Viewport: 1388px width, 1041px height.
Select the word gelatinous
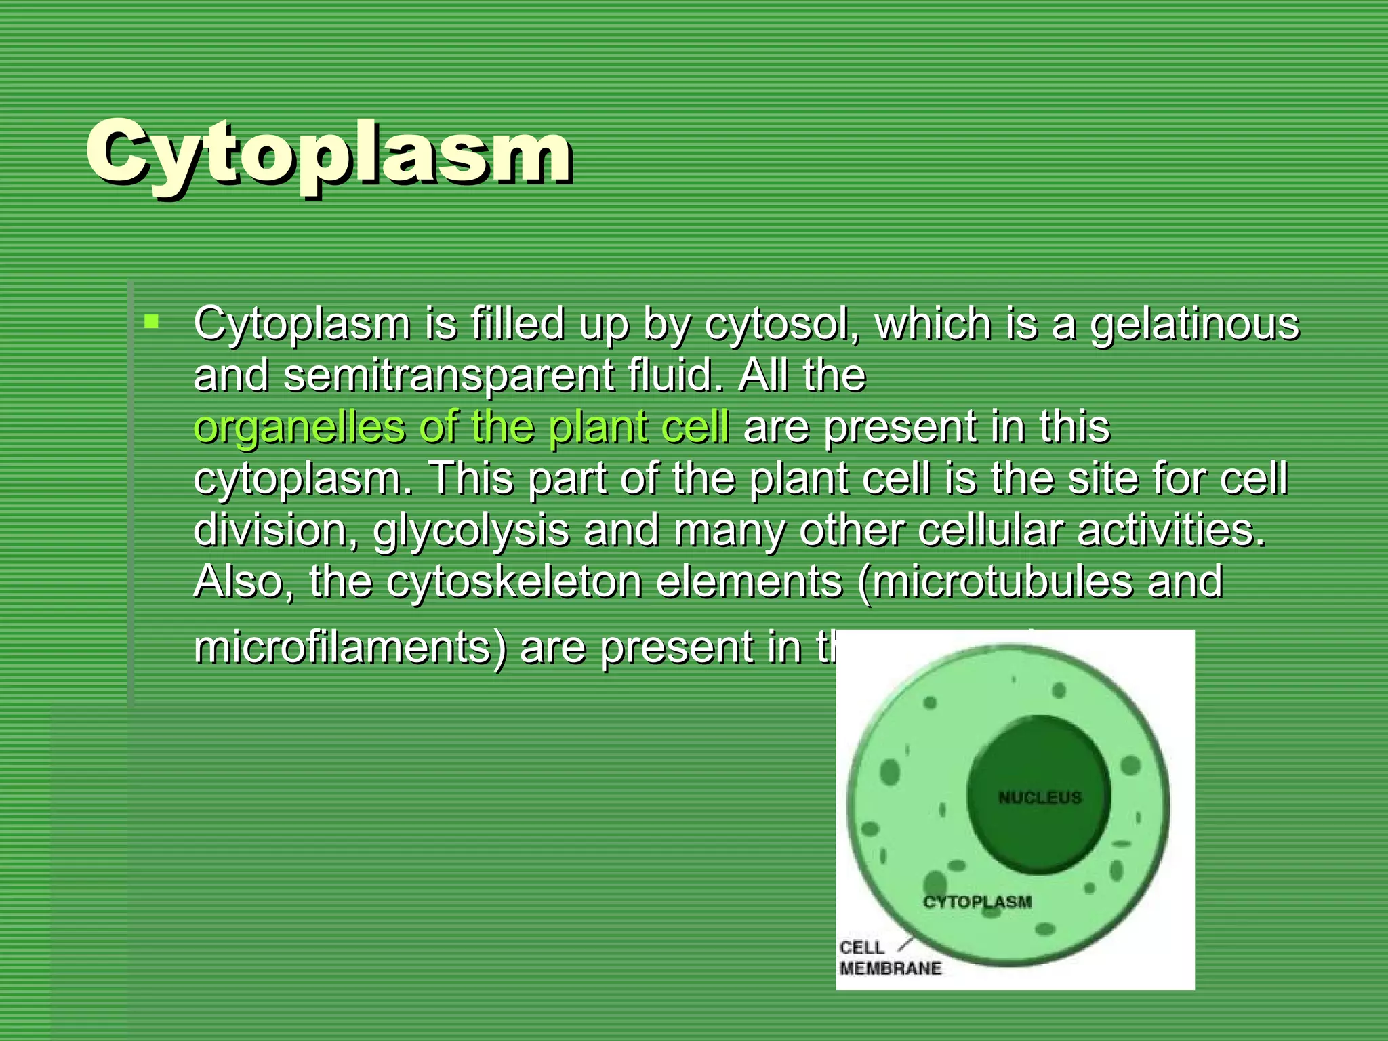(x=1194, y=324)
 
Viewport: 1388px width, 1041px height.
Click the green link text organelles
(x=298, y=427)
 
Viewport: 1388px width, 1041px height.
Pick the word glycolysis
(x=471, y=530)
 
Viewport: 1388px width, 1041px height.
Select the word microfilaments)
(x=350, y=647)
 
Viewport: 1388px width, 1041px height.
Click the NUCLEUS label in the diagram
(x=1040, y=798)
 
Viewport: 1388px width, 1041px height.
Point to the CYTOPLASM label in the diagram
(x=977, y=902)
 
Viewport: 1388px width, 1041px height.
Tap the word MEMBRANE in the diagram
(x=891, y=968)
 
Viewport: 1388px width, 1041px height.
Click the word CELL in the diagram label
(x=861, y=947)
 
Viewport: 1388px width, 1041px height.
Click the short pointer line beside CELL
(x=905, y=943)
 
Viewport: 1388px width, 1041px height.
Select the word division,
(x=277, y=530)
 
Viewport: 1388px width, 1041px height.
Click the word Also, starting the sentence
(x=243, y=581)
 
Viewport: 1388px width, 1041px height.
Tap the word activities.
(x=1170, y=530)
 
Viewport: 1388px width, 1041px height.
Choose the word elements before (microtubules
(x=748, y=581)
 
